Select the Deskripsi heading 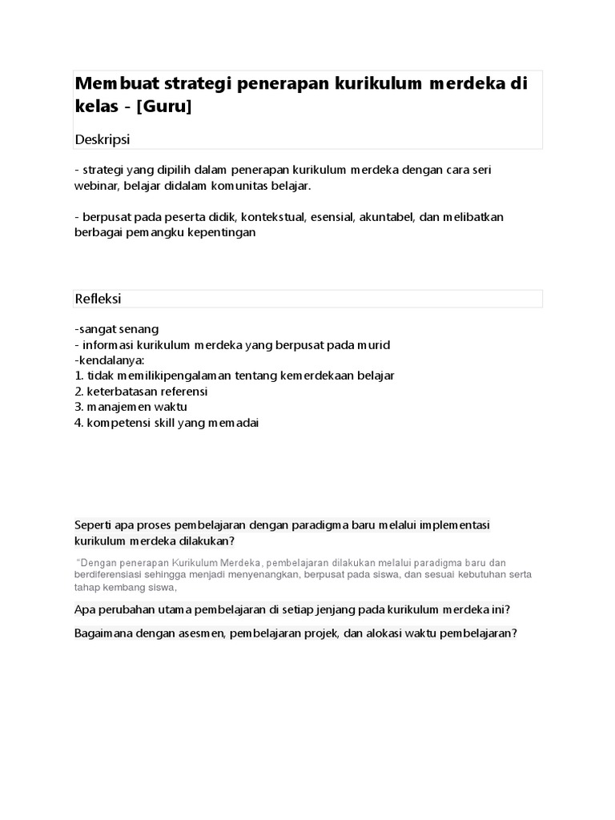tap(102, 139)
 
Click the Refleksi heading tap(98, 299)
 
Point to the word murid tap(372, 344)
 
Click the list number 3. tap(78, 406)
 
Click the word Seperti tap(94, 525)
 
